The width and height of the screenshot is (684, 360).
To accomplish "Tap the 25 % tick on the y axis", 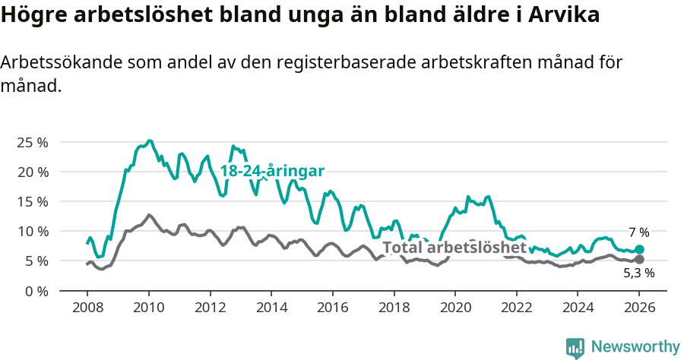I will click(x=33, y=143).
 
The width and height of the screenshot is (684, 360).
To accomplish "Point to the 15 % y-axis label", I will click(x=33, y=202).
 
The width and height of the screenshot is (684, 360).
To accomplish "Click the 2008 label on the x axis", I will click(x=87, y=310).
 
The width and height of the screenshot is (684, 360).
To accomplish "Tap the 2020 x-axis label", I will click(x=454, y=310).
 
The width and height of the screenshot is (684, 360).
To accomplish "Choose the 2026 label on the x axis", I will click(x=639, y=310).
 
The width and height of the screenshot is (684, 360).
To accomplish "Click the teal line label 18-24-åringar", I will click(x=272, y=171).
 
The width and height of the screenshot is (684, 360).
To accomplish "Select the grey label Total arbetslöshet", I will click(x=454, y=248).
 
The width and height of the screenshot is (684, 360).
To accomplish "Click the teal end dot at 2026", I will click(x=639, y=249).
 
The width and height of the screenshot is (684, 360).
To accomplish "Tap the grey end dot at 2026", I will click(x=639, y=260).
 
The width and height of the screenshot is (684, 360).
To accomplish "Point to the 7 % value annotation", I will click(x=638, y=233).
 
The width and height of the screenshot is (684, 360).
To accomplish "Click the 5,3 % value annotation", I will click(x=638, y=273).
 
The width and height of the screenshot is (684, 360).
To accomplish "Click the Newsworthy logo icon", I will click(x=575, y=347).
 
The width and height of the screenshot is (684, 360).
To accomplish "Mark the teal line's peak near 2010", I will click(x=149, y=141).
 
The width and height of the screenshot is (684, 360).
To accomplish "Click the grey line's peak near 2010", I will click(x=149, y=215).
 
